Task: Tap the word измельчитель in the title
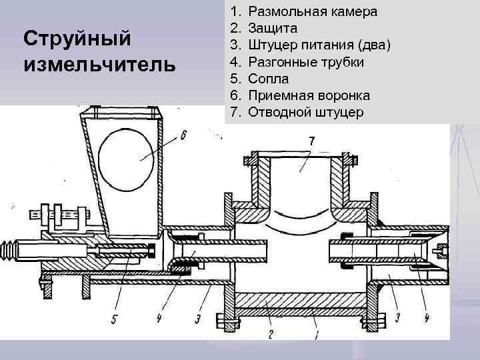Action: [x=100, y=65]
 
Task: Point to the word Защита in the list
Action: [x=273, y=29]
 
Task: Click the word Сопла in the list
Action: [x=269, y=79]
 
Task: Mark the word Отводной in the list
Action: [x=279, y=112]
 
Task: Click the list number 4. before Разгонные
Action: [x=234, y=62]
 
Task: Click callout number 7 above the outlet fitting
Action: [x=311, y=141]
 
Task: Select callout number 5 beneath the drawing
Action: [x=115, y=318]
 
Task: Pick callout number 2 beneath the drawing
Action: [x=269, y=335]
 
